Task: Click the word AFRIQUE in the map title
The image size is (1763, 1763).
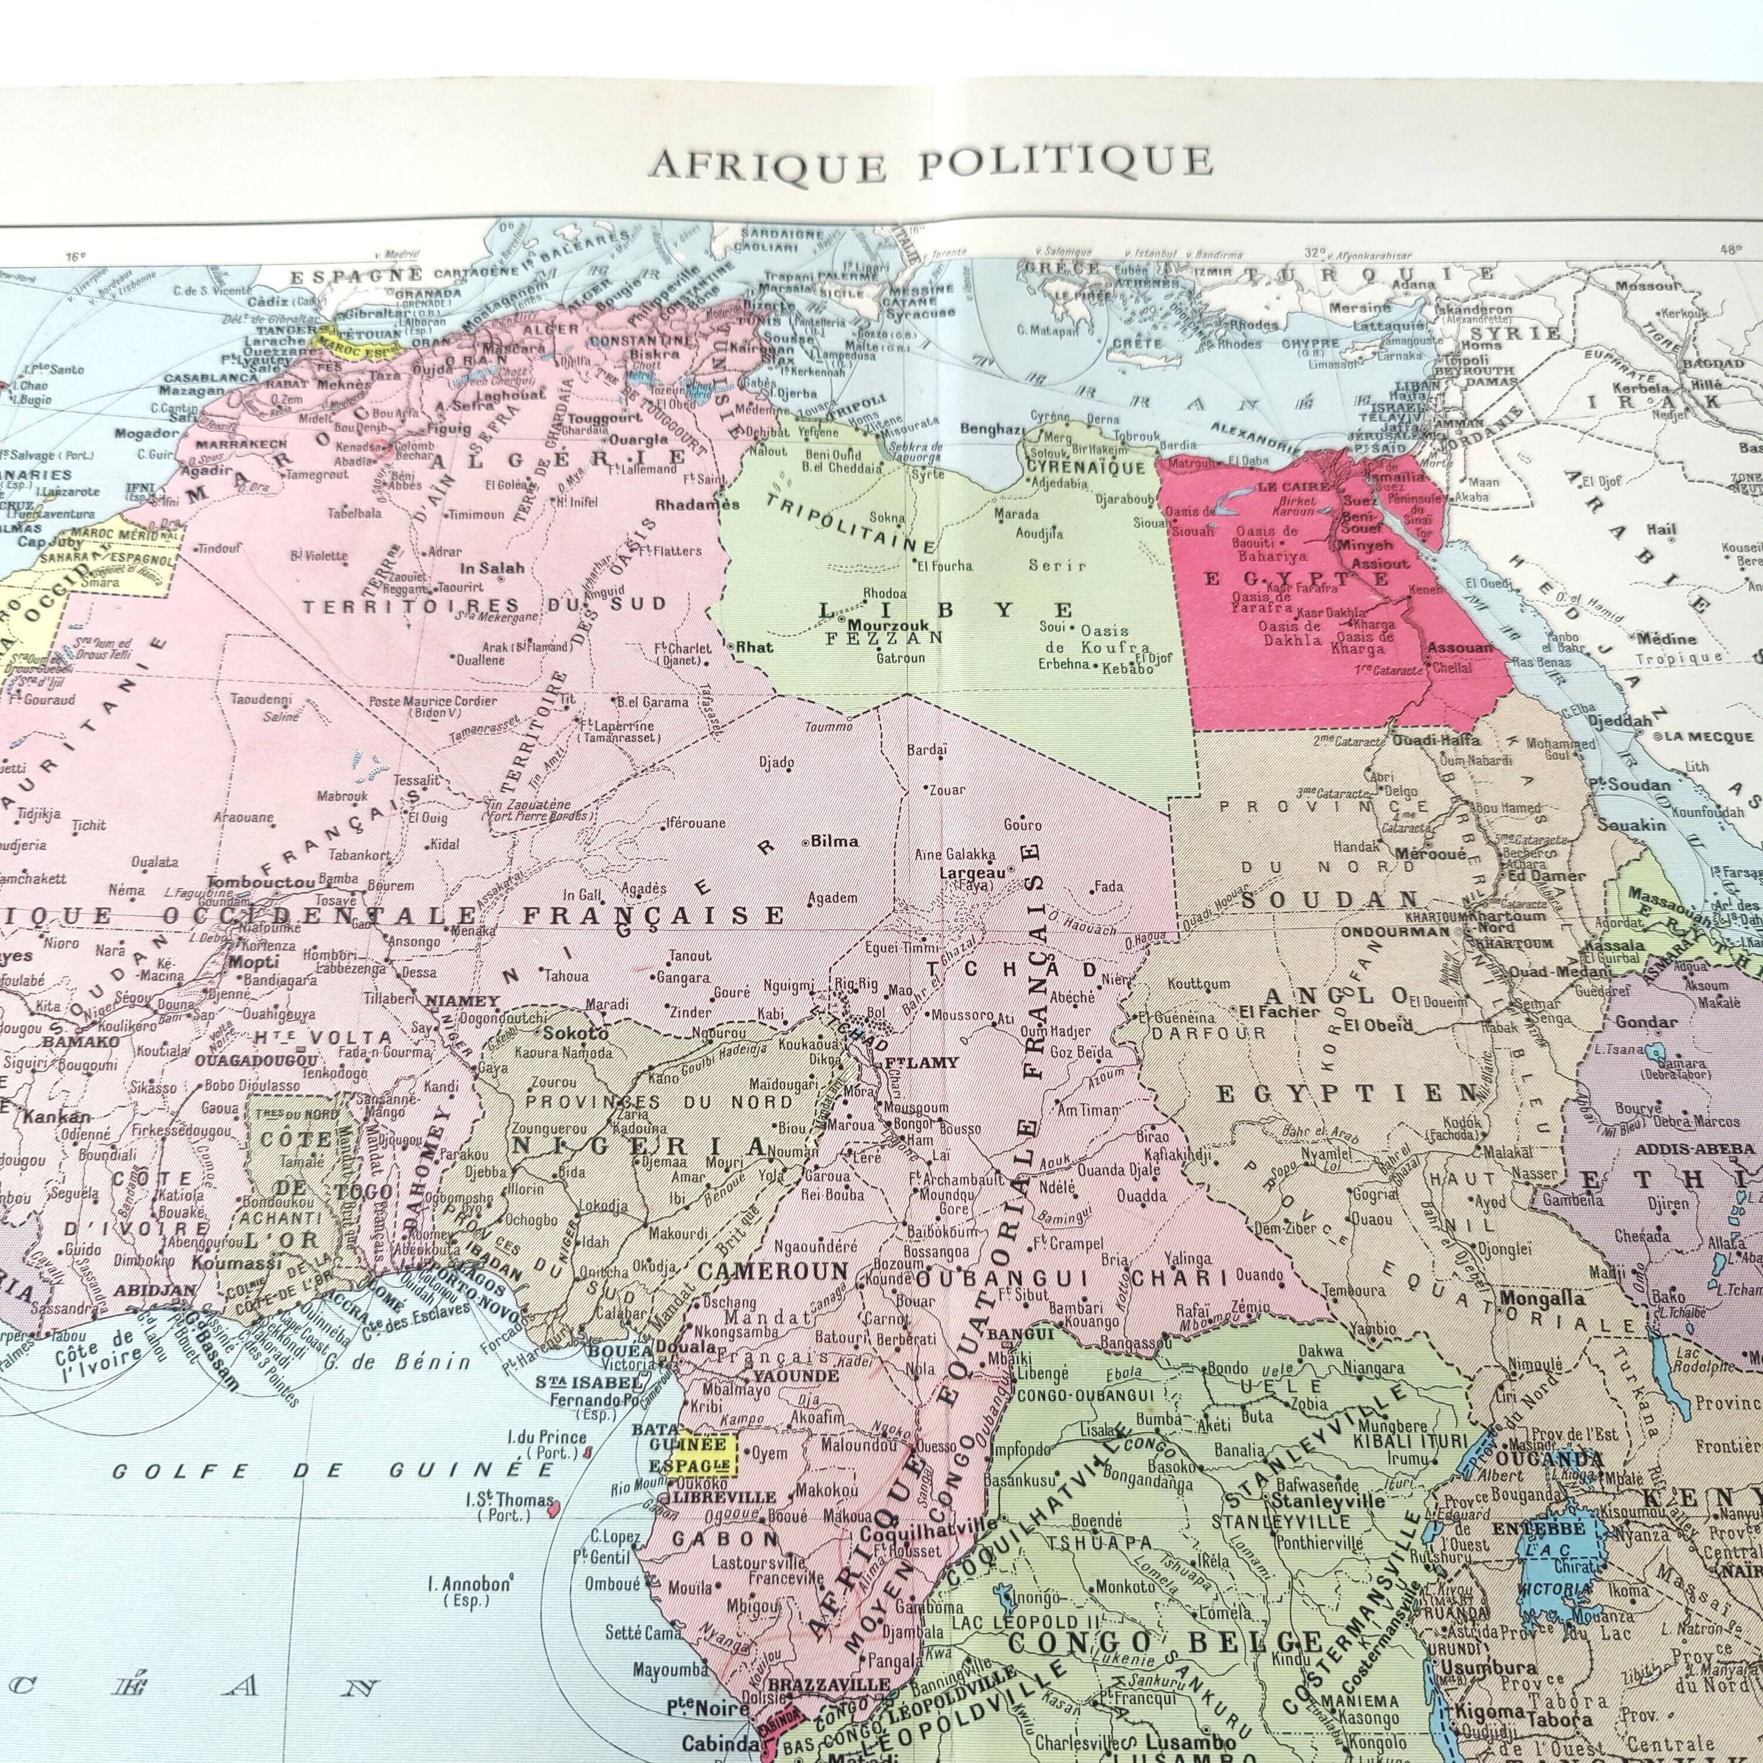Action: (x=766, y=166)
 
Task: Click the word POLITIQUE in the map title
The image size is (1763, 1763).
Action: (x=1065, y=162)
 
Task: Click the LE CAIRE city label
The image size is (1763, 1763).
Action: (x=1293, y=487)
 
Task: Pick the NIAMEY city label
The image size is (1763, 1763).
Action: (x=464, y=1000)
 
